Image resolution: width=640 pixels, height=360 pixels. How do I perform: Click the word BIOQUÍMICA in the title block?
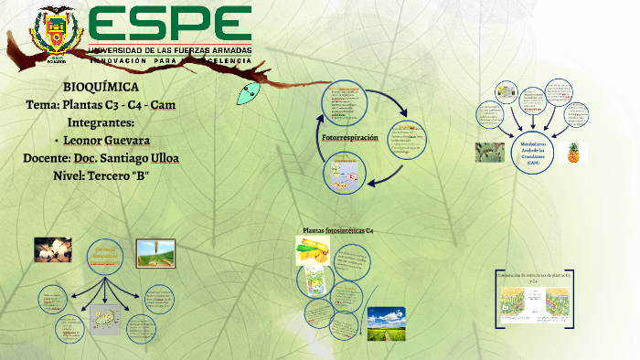pyautogui.click(x=101, y=87)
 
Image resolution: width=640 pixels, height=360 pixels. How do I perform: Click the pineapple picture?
pyautogui.click(x=574, y=152)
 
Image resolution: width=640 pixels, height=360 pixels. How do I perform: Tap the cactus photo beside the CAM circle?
pyautogui.click(x=489, y=152)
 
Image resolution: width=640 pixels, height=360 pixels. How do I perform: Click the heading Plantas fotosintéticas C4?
pyautogui.click(x=337, y=231)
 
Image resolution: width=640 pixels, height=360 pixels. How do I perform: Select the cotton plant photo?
pyautogui.click(x=53, y=249)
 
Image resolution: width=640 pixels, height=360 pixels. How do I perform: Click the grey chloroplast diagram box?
pyautogui.click(x=104, y=319)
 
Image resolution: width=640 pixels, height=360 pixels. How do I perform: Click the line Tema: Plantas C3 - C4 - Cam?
pyautogui.click(x=101, y=104)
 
